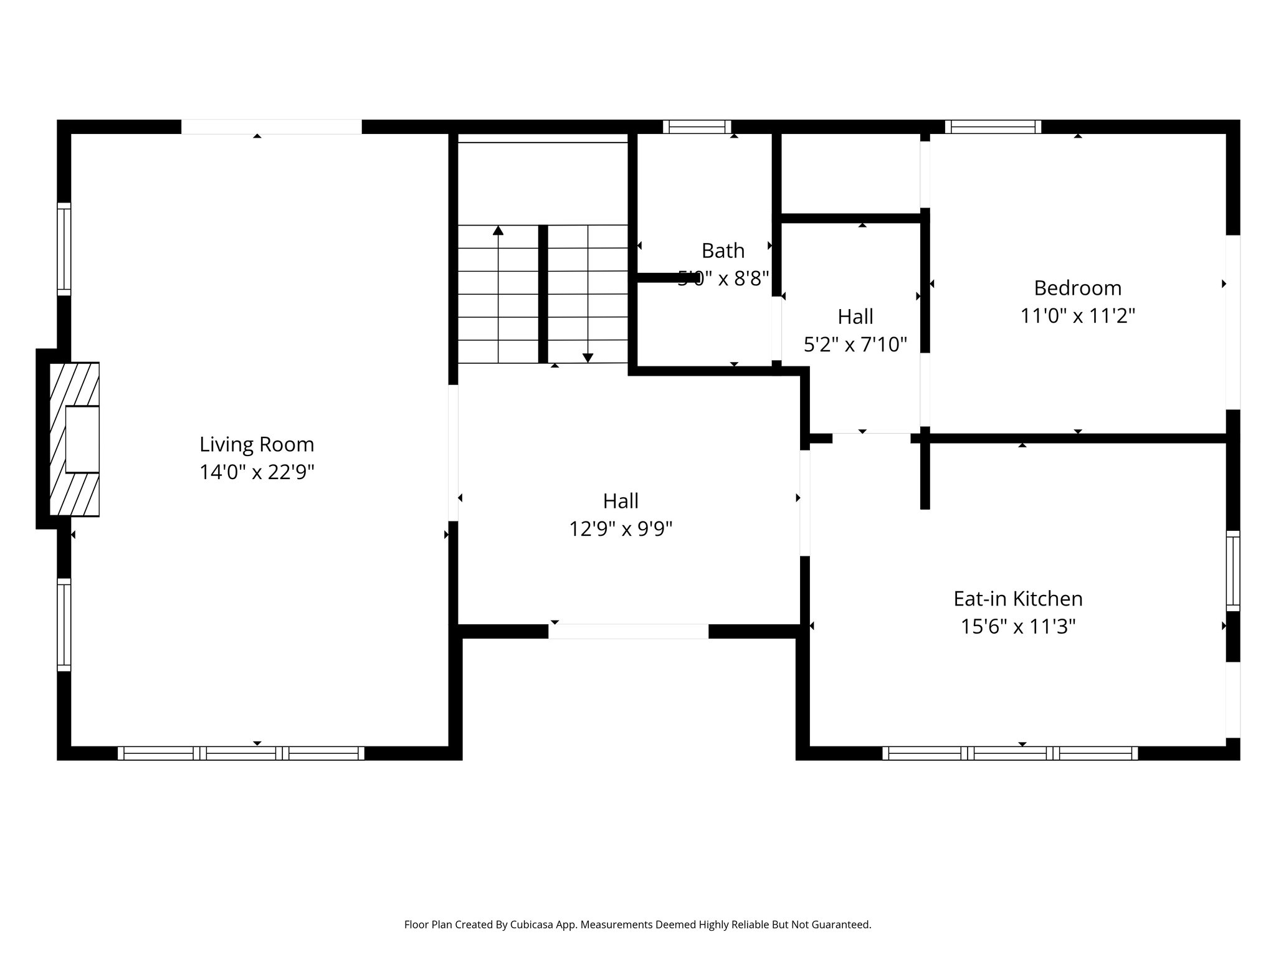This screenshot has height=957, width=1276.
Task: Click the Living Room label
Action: [x=257, y=444]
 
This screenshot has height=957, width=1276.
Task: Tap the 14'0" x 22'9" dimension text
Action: [x=257, y=472]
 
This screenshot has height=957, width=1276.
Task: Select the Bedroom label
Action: [x=1077, y=288]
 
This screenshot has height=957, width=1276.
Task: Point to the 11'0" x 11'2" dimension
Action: [x=1077, y=316]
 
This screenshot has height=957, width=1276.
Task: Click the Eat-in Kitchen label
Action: [x=1018, y=599]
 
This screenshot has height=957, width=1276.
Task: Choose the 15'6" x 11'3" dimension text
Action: [x=1018, y=626]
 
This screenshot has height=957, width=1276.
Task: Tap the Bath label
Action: [x=723, y=250]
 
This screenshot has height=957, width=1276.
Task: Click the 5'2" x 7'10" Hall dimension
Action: [x=855, y=344]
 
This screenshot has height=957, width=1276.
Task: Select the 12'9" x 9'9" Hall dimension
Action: [x=621, y=529]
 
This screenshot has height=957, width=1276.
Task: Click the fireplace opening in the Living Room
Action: [x=82, y=439]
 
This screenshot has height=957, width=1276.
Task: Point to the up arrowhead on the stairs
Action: [x=498, y=231]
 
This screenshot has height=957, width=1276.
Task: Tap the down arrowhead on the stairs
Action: [x=588, y=358]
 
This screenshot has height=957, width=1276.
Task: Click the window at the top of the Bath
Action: [x=697, y=127]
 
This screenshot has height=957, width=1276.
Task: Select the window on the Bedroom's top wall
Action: [x=993, y=127]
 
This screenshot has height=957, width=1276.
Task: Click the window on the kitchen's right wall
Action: [x=1232, y=571]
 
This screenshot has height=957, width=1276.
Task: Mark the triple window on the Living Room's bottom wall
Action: [x=241, y=753]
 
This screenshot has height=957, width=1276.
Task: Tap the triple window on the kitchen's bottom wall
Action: [x=1010, y=753]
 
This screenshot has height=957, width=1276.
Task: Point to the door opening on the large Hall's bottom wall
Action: [x=628, y=631]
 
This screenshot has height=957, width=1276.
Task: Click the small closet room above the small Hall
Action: [x=850, y=173]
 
